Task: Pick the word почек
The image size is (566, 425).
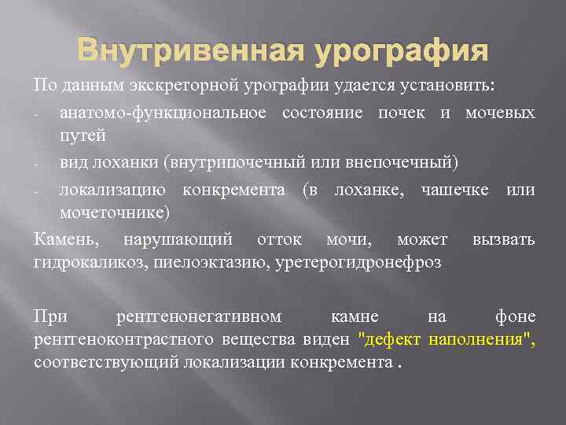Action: (400, 113)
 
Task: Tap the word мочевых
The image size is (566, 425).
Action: (500, 113)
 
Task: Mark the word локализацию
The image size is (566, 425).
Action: (116, 190)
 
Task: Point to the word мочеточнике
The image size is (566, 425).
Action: (112, 213)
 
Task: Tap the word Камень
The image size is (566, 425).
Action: (66, 239)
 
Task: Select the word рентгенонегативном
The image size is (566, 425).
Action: (198, 317)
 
